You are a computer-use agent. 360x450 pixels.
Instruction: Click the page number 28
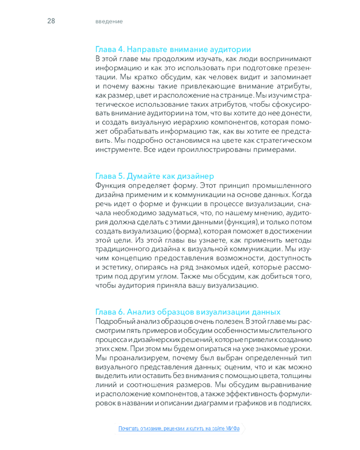[51, 21]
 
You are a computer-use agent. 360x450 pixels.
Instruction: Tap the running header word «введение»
[109, 22]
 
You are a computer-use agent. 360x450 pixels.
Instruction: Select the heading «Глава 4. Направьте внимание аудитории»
[173, 49]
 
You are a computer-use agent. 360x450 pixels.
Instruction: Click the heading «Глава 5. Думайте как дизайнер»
[155, 175]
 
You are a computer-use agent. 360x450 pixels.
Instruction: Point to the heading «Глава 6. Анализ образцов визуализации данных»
[188, 312]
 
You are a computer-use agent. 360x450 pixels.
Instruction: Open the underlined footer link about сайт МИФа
[179, 428]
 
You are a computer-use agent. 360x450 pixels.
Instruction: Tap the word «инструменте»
[117, 149]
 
